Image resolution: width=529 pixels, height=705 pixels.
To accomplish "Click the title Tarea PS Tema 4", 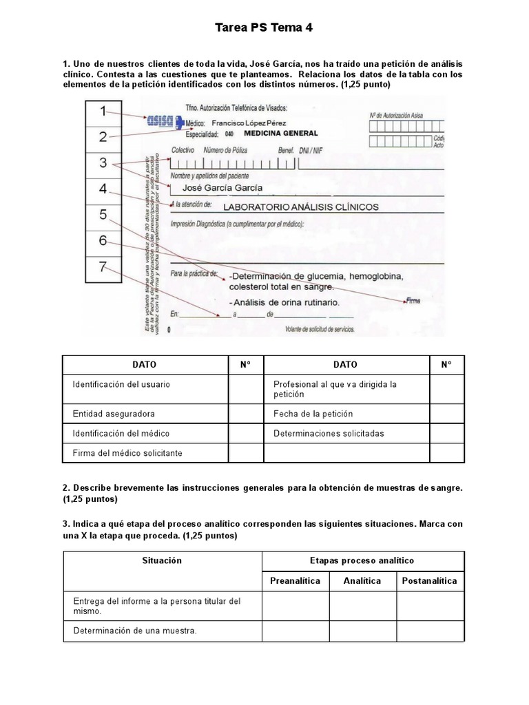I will [264, 28].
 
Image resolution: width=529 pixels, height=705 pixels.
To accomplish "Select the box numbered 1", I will [103, 111].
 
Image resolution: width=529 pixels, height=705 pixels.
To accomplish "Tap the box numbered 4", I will [103, 189].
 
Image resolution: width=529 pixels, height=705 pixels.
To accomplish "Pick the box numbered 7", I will [103, 268].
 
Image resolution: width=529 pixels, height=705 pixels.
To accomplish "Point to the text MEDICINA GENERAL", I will [280, 133].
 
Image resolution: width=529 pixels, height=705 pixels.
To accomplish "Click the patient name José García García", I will [221, 187].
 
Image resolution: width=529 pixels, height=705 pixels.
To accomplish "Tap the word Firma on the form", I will [413, 300].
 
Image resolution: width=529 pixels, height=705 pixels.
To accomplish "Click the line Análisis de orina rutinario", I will [282, 303].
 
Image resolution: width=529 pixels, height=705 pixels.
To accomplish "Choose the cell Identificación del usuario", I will [121, 384].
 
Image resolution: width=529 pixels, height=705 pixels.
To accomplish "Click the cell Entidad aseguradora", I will [114, 414].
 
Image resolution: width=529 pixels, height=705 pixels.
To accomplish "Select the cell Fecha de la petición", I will [313, 414].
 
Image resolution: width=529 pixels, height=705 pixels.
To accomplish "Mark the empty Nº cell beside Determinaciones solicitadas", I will [447, 434].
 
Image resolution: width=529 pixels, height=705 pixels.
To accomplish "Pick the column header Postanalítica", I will [430, 581].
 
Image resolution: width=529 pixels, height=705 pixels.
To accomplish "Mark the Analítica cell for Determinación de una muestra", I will [362, 629].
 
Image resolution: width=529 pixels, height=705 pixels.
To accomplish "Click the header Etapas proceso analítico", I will [362, 560].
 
